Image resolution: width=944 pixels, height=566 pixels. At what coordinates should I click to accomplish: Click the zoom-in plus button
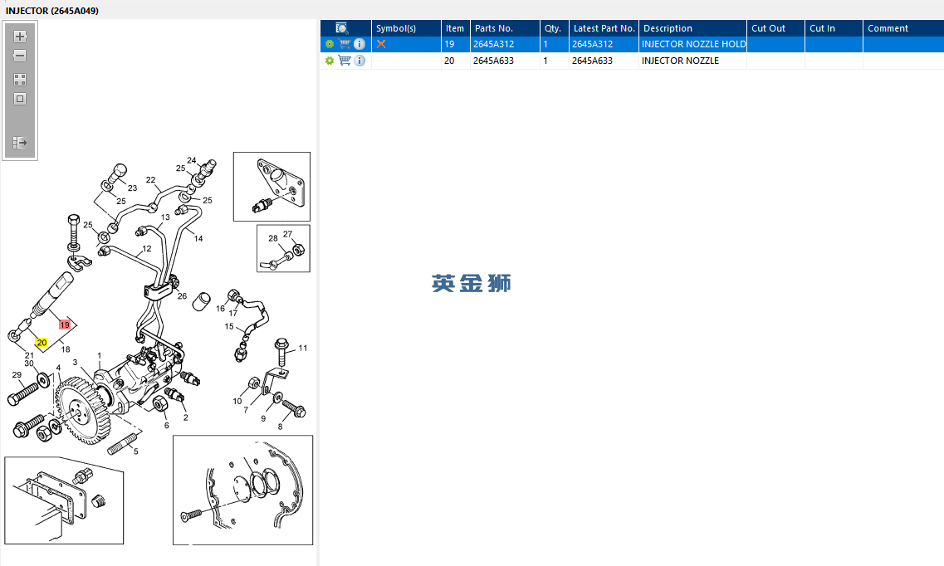click(20, 36)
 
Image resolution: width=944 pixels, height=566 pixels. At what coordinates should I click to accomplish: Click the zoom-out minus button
click(20, 56)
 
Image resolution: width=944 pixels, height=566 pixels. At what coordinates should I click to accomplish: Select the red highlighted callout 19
click(65, 324)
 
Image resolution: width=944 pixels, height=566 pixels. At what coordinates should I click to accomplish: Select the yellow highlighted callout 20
click(41, 342)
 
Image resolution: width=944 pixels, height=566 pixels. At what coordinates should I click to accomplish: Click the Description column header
click(668, 28)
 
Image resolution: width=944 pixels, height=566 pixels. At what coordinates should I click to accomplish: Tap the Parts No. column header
click(494, 28)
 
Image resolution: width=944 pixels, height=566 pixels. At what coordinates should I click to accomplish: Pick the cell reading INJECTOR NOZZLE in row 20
click(680, 61)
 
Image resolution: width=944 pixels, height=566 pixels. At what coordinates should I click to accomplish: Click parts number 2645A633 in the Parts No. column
click(493, 61)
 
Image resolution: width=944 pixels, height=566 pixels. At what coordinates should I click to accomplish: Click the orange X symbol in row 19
click(381, 44)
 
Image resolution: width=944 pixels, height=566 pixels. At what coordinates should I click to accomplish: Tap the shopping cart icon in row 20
click(345, 61)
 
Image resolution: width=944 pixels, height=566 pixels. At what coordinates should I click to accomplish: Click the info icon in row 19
click(360, 44)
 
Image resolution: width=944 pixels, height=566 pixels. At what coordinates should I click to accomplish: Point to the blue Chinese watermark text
click(472, 283)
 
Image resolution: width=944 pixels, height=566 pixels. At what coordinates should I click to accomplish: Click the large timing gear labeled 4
click(83, 410)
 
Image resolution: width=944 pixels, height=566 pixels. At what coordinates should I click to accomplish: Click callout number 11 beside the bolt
click(303, 348)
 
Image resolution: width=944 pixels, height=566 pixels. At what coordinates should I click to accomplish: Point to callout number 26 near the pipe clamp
click(182, 296)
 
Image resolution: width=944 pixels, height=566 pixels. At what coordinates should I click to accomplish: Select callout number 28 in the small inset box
click(272, 238)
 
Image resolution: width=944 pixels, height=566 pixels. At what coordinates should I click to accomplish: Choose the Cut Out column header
click(768, 28)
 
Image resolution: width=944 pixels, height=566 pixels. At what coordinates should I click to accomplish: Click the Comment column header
click(888, 28)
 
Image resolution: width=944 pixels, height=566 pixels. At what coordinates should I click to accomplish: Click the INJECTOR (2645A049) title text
click(52, 11)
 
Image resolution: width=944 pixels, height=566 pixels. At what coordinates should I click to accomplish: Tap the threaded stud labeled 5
click(123, 445)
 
